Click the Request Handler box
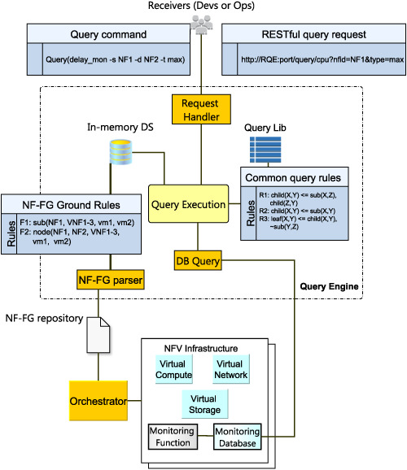[201, 110]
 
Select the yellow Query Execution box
[189, 204]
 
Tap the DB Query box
[198, 260]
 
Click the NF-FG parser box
[111, 280]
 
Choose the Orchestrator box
[98, 401]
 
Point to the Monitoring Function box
[173, 437]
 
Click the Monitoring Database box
[238, 437]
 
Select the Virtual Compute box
[173, 369]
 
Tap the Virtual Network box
[231, 369]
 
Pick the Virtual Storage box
[204, 404]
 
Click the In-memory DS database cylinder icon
[120, 152]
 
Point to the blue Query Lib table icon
[265, 150]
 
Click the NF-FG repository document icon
[98, 335]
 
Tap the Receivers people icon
[202, 24]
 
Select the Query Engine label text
[329, 286]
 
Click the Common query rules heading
[293, 178]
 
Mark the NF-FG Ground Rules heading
[71, 205]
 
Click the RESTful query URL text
[322, 59]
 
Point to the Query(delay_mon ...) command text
[116, 59]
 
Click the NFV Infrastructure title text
[201, 348]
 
